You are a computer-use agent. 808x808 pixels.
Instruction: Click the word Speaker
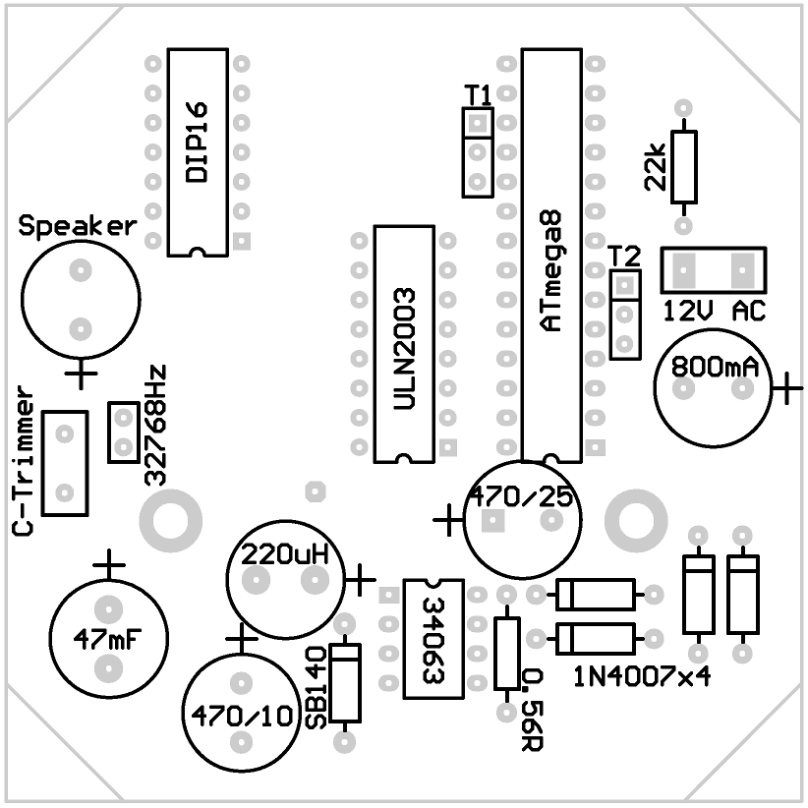point(77,227)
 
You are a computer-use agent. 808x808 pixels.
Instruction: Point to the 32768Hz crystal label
point(155,426)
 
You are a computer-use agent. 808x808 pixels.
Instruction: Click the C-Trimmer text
point(25,468)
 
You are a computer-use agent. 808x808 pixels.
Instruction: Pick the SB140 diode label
point(317,687)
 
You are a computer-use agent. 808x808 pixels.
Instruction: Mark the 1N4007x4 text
point(642,676)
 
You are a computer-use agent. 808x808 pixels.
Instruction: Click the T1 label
point(479,95)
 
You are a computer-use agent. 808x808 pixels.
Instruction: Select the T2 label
point(624,257)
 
